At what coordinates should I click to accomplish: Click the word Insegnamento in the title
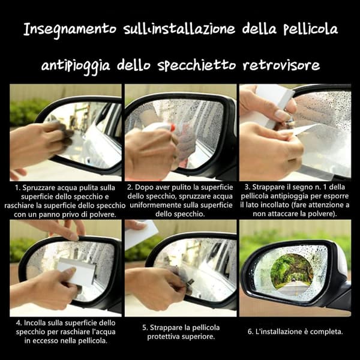[x=70, y=30]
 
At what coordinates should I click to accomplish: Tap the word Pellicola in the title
[x=310, y=29]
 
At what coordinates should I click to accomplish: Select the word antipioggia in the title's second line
[x=76, y=66]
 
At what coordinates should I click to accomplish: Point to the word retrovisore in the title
[x=281, y=65]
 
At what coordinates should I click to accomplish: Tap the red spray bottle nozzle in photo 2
[x=172, y=127]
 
